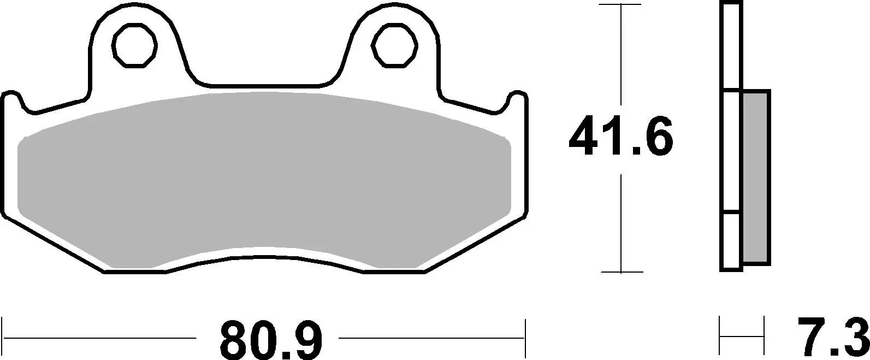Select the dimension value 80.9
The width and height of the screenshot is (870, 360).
tap(271, 339)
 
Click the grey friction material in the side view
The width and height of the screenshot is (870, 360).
tap(756, 178)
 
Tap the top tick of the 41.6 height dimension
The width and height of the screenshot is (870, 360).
tap(621, 4)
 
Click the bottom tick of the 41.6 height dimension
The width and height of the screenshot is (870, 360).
tap(621, 272)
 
